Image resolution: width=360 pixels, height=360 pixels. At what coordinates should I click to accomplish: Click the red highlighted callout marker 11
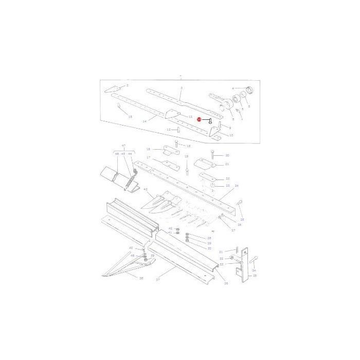[x=199, y=119]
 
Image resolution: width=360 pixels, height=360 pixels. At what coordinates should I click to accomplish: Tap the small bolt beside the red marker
[x=209, y=121]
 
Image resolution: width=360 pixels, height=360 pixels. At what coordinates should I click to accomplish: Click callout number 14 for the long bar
[x=145, y=121]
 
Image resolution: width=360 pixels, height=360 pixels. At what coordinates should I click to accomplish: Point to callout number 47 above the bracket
[x=123, y=146]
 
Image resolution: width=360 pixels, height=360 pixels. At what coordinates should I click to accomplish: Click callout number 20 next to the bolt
[x=227, y=155]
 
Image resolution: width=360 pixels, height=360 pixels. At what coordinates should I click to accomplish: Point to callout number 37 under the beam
[x=158, y=280]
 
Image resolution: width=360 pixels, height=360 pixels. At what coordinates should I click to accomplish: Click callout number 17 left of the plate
[x=148, y=157]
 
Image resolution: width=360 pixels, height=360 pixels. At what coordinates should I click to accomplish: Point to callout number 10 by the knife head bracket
[x=231, y=135]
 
